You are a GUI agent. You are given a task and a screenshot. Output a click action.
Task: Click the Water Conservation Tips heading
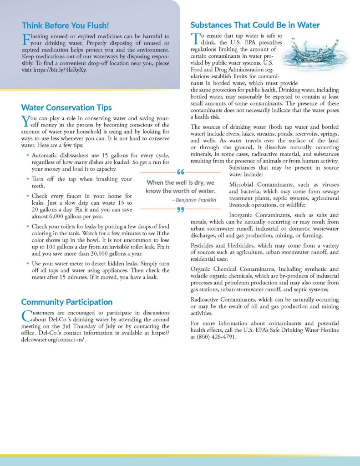[x=66, y=108]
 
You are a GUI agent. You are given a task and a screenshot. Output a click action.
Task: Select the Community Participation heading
[x=67, y=302]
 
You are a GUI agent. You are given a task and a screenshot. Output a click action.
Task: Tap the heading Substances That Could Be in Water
[x=255, y=25]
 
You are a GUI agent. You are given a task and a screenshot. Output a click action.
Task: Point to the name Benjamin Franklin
[x=193, y=200]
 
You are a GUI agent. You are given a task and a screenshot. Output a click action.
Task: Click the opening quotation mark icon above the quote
[x=180, y=172]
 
